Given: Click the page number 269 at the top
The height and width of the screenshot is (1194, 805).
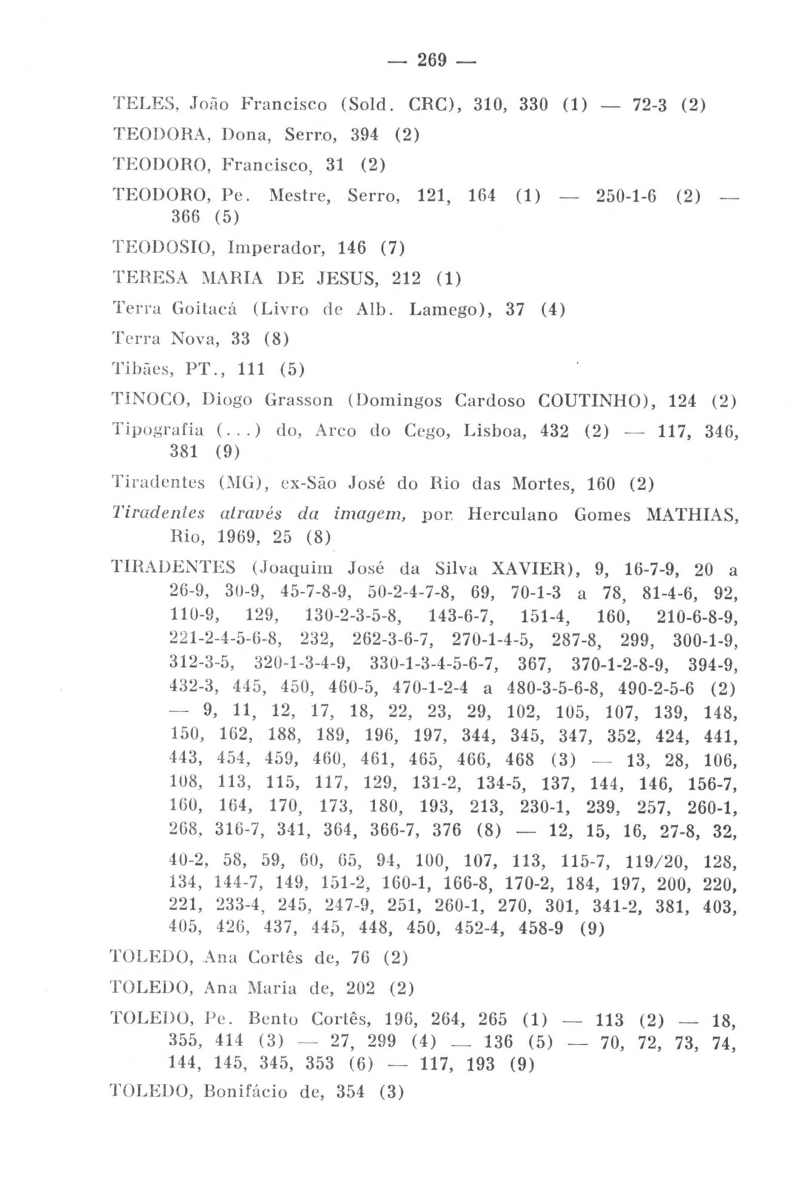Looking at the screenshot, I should [x=432, y=60].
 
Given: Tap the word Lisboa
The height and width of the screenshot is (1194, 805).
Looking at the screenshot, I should [x=495, y=430].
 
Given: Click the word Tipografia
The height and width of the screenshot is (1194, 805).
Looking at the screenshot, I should [x=158, y=430].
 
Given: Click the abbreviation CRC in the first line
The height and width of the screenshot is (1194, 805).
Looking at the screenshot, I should [x=429, y=104].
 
